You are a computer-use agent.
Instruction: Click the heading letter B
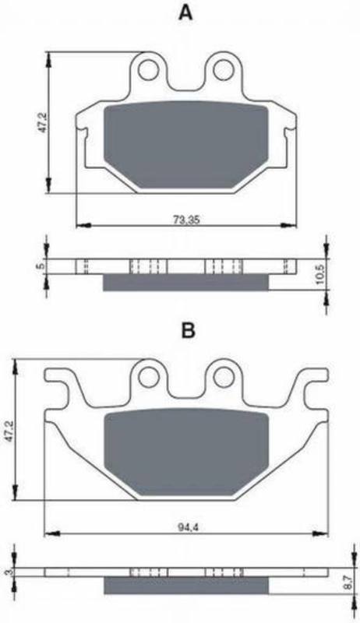tap(187, 330)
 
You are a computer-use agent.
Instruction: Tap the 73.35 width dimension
tap(185, 219)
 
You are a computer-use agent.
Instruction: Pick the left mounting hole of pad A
tap(150, 66)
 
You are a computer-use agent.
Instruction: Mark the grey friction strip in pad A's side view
tap(187, 282)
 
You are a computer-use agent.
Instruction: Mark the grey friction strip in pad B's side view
tap(187, 585)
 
